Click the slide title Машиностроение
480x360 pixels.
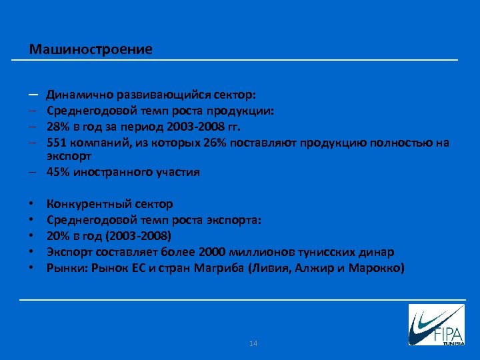pyautogui.click(x=91, y=49)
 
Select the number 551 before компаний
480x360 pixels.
pyautogui.click(x=57, y=143)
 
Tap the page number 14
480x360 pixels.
pyautogui.click(x=253, y=343)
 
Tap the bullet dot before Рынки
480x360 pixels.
pyautogui.click(x=31, y=268)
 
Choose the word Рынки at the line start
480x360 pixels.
pyautogui.click(x=64, y=268)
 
